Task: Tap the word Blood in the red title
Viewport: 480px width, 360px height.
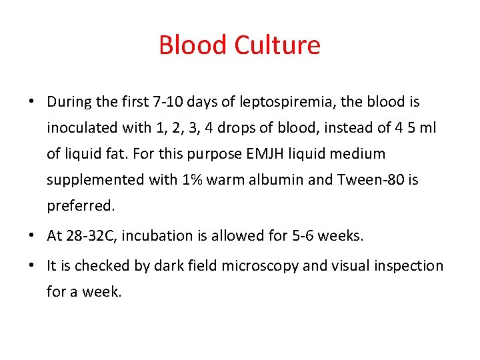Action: (x=193, y=45)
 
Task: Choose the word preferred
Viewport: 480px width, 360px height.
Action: (x=81, y=206)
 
